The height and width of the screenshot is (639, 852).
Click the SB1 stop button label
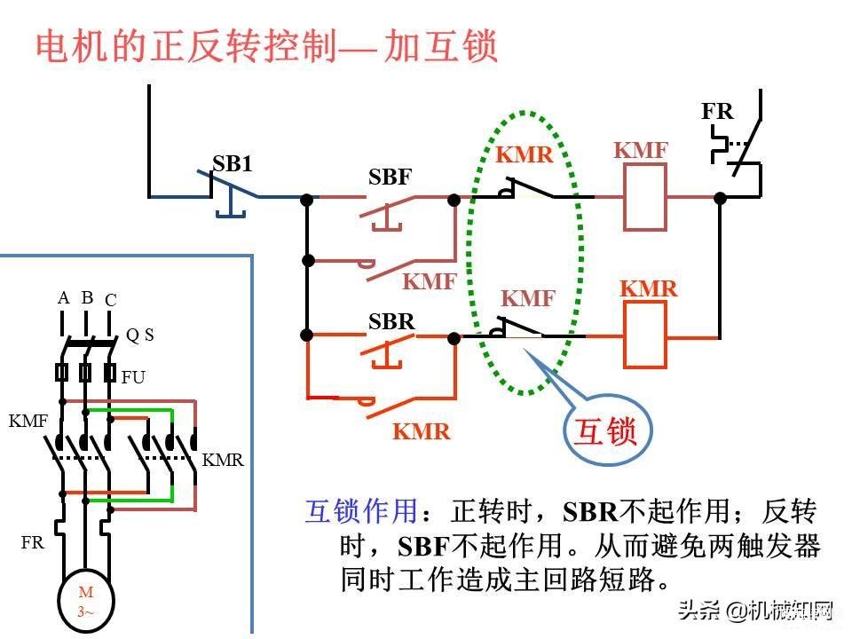(x=232, y=163)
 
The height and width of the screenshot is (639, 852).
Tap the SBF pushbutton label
(x=390, y=177)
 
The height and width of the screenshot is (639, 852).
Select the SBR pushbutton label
(x=391, y=321)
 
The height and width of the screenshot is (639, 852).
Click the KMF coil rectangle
(x=645, y=197)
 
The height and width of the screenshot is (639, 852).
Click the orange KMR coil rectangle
(x=645, y=335)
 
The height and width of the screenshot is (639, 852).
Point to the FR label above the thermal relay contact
(x=717, y=112)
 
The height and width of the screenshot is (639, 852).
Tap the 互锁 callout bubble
(x=607, y=431)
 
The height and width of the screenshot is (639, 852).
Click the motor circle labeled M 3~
(x=86, y=602)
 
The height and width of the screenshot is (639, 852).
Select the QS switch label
(x=139, y=335)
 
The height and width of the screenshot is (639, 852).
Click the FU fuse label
(x=133, y=377)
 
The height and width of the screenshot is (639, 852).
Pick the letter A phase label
(x=64, y=298)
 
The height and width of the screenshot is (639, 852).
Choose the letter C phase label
(x=111, y=300)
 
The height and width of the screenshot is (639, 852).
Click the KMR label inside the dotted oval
(x=525, y=154)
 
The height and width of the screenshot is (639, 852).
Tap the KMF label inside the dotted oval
(x=528, y=298)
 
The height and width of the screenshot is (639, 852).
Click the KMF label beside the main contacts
(x=28, y=421)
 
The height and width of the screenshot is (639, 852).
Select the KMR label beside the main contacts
(x=223, y=461)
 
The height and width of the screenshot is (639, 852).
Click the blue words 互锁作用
(x=361, y=511)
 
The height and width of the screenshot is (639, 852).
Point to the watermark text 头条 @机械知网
(x=755, y=611)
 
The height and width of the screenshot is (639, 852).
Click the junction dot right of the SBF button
(x=454, y=200)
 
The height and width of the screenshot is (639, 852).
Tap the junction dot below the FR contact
(x=720, y=198)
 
